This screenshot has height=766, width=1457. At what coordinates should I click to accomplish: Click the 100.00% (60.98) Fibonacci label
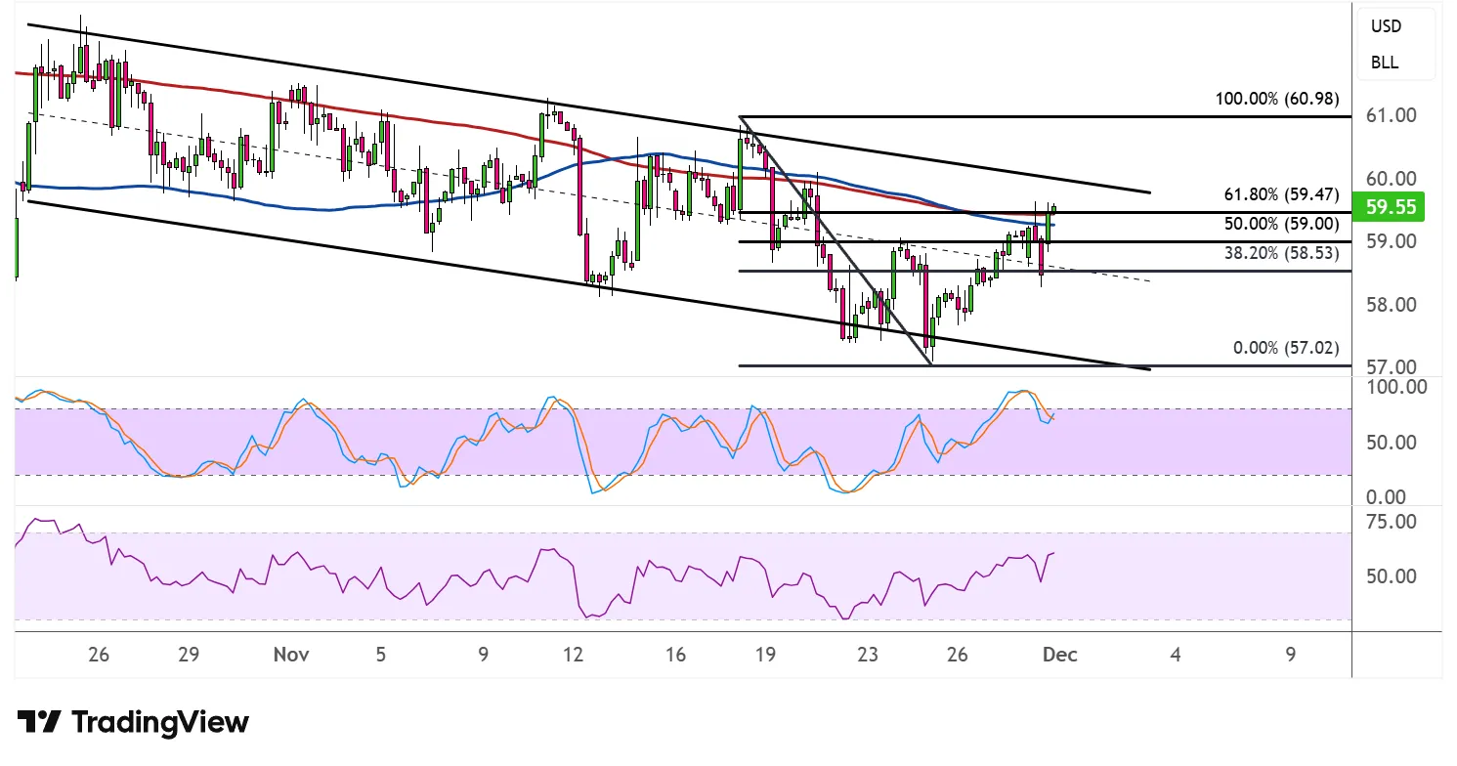tap(1276, 99)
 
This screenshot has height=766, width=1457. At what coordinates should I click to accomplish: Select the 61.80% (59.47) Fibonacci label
tap(1280, 194)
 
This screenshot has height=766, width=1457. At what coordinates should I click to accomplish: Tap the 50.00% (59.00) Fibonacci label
tap(1280, 223)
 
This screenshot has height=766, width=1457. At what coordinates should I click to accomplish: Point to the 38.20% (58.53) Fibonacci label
tap(1280, 252)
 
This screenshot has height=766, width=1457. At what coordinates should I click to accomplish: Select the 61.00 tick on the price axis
tap(1390, 115)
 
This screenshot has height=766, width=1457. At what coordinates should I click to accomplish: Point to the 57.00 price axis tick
tap(1390, 367)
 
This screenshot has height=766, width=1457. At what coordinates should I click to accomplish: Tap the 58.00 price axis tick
tap(1390, 305)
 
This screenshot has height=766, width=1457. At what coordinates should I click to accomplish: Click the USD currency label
tap(1386, 26)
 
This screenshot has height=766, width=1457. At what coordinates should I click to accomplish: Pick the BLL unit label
tap(1385, 63)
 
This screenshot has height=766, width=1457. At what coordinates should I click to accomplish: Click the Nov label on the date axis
tap(292, 655)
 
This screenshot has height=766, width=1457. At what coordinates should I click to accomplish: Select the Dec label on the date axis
tap(1059, 655)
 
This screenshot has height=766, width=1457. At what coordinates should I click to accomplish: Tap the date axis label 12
tap(574, 655)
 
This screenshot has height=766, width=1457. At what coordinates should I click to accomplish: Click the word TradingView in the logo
tap(159, 723)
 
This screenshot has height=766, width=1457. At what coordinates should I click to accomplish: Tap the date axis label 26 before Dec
tap(958, 655)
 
